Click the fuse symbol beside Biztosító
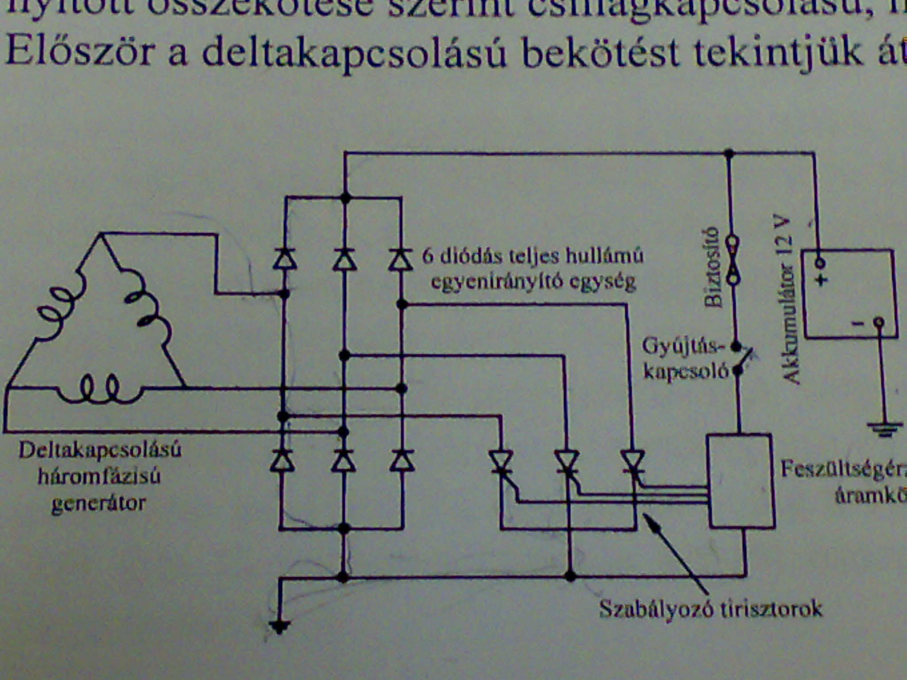point(733,260)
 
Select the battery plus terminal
point(820,263)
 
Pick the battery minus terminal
point(879,323)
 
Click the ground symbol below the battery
point(884,429)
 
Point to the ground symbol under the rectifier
point(279,626)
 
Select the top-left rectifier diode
point(284,259)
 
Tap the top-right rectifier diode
point(401,259)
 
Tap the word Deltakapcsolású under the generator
point(100,451)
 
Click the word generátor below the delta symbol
point(98,504)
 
